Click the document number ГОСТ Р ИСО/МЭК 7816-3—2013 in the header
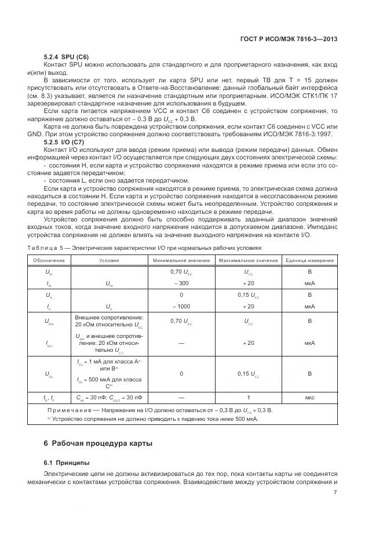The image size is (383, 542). (288, 39)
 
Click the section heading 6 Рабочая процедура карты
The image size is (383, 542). (98, 443)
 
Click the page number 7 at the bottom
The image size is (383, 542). (335, 493)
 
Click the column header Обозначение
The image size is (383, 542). (49, 260)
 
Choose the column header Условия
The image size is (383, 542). (109, 260)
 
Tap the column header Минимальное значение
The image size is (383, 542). (181, 260)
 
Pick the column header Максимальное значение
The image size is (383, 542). (248, 260)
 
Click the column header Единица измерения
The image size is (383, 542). (309, 260)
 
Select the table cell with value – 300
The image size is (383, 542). (181, 283)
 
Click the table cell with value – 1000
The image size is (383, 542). (181, 305)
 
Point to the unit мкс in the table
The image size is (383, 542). (309, 398)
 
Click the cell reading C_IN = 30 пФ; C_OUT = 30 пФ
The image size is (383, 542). (109, 398)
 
